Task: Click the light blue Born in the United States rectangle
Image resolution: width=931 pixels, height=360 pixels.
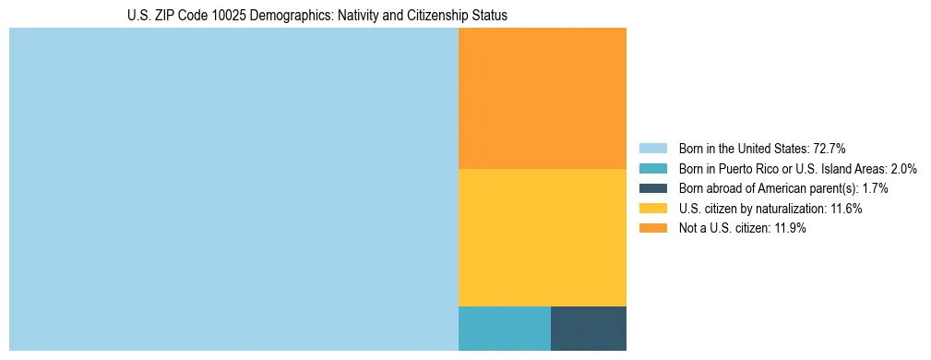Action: click(x=233, y=189)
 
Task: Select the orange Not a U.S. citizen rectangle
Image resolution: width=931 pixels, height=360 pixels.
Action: click(x=543, y=98)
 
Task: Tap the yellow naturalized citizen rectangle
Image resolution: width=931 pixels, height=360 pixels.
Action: click(x=543, y=237)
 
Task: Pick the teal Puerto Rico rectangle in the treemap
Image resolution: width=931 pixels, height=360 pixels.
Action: click(x=505, y=328)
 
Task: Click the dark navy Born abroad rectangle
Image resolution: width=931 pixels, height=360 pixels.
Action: click(x=589, y=328)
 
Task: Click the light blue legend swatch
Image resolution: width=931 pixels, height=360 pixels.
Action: click(x=652, y=148)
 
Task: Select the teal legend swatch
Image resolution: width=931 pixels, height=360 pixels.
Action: click(x=652, y=168)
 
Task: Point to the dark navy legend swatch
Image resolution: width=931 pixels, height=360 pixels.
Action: click(x=652, y=188)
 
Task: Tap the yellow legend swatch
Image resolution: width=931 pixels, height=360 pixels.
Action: click(x=652, y=209)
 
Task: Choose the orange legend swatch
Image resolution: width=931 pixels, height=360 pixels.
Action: click(x=652, y=229)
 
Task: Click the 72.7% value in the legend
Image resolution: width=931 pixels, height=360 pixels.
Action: click(x=830, y=148)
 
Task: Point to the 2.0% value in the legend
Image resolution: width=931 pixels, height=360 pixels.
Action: click(x=901, y=168)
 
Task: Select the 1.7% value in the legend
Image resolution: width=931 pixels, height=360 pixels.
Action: click(x=872, y=188)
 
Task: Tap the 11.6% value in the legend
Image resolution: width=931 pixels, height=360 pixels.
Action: click(x=846, y=209)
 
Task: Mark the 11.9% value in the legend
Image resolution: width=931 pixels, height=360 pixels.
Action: click(x=790, y=229)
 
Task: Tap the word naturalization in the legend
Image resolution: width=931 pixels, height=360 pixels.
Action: click(x=792, y=209)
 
